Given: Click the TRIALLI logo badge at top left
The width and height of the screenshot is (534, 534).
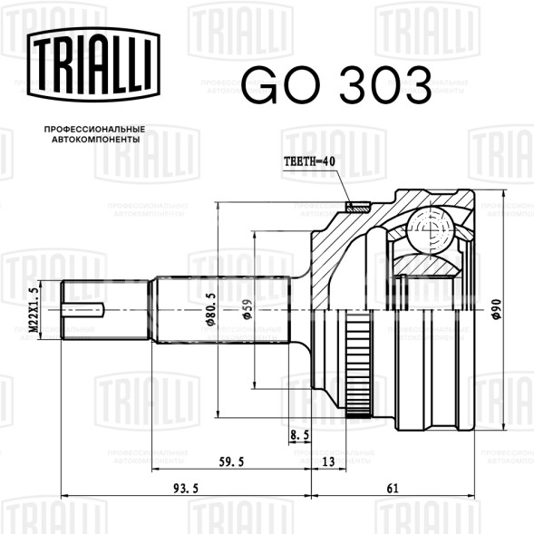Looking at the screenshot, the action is (x=93, y=64).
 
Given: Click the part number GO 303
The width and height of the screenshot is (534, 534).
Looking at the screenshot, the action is (x=336, y=85).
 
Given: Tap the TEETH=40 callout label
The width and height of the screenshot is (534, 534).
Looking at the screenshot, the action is (x=309, y=161).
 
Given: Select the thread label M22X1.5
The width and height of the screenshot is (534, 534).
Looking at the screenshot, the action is (x=34, y=310).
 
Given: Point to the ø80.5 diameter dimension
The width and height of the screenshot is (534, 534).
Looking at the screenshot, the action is (x=211, y=309).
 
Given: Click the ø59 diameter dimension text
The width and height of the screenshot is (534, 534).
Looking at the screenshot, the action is (x=247, y=309).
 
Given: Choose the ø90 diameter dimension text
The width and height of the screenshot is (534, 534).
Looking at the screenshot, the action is (x=497, y=309).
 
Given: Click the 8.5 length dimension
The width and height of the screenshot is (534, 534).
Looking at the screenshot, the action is (x=300, y=435).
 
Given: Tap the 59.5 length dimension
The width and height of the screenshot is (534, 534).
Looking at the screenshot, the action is (x=231, y=462).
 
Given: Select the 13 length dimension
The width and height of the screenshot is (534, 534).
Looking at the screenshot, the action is (x=328, y=461).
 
